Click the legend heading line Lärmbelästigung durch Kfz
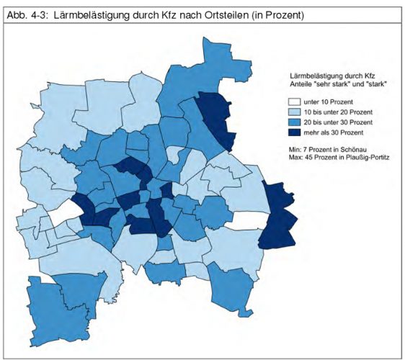pyautogui.click(x=326, y=75)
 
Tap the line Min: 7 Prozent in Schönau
pyautogui.click(x=329, y=148)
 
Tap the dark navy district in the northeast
pyautogui.click(x=218, y=118)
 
